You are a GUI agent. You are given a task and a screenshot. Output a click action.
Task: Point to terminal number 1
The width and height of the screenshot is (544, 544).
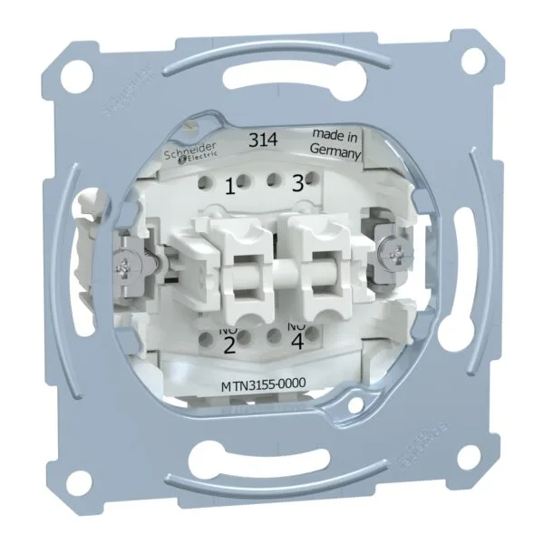click(x=229, y=186)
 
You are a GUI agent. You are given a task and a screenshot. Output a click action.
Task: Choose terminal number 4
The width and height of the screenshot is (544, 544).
click(x=298, y=343)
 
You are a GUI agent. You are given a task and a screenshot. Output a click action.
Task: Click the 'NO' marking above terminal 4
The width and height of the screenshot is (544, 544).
click(x=296, y=325)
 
